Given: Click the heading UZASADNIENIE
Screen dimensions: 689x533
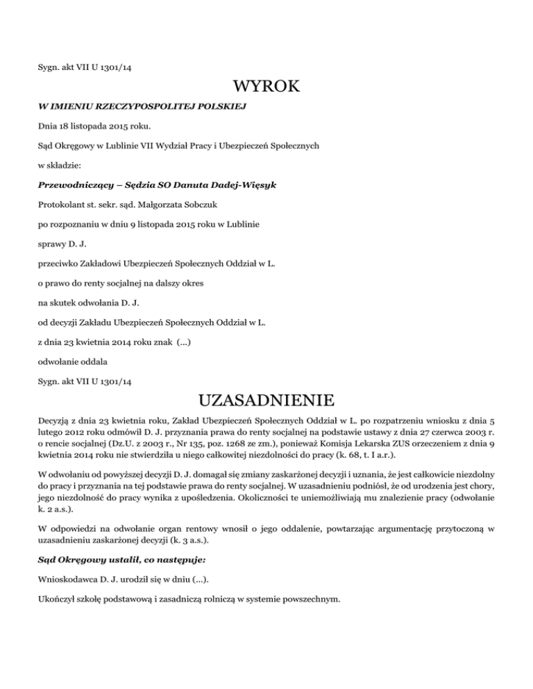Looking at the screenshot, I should point(266,401).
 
